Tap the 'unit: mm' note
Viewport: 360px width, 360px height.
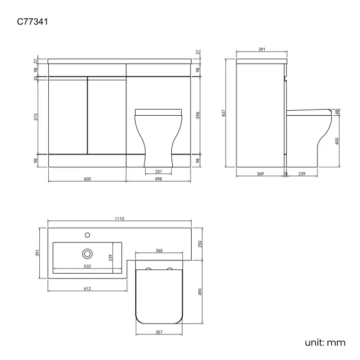tap(325, 342)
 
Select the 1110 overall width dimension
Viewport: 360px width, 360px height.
tap(119, 219)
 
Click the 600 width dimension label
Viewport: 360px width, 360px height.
tap(87, 178)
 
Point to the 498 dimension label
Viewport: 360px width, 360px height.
tap(158, 178)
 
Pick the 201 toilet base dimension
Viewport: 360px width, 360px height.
tap(158, 171)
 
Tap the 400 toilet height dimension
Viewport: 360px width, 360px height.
tap(337, 141)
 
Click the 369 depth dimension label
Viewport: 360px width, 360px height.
tap(259, 173)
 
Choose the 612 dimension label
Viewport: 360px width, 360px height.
tap(87, 288)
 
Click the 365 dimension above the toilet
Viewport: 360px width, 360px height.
tap(158, 251)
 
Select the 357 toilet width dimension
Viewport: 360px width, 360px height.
tap(158, 333)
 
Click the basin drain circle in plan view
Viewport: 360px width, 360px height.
tap(87, 254)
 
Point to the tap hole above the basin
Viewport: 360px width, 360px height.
tap(87, 234)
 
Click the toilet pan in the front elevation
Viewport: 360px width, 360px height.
tap(158, 136)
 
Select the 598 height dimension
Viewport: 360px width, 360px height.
tap(198, 115)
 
